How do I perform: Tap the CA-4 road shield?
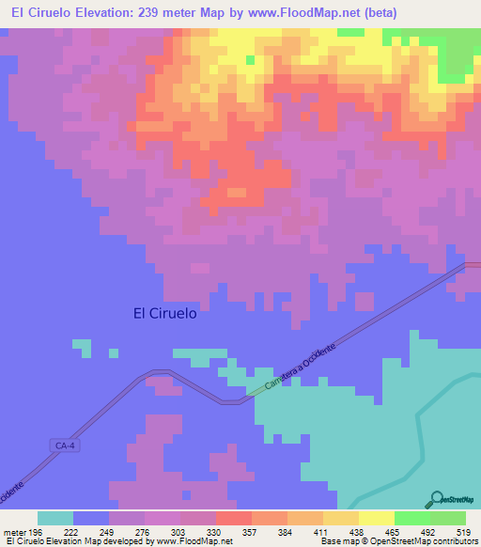coord(64,445)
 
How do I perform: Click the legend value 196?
coord(35,532)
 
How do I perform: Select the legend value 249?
coord(106,532)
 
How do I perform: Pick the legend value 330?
coord(214,532)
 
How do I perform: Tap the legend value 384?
coord(286,532)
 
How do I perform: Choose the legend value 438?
coord(357,532)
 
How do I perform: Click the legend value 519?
coord(464,532)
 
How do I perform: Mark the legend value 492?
coord(428,532)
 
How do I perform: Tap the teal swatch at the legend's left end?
coord(55,518)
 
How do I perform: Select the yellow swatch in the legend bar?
coord(376,518)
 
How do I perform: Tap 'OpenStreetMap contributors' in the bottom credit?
coord(428,542)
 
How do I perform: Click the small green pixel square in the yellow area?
coord(250,60)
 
